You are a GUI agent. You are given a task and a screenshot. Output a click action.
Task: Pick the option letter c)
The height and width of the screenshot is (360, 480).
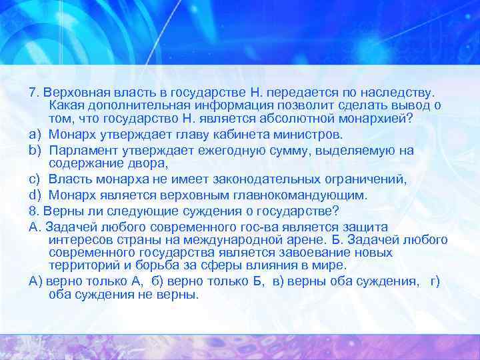click(x=35, y=180)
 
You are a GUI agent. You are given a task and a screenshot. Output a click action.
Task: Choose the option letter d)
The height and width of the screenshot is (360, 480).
click(x=35, y=195)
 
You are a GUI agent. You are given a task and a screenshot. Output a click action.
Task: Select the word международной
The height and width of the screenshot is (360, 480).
click(x=213, y=240)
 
